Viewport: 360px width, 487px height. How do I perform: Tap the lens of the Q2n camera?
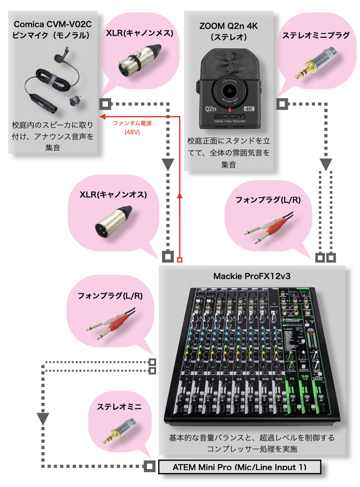[x=229, y=89]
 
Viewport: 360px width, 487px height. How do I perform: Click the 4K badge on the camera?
[x=249, y=109]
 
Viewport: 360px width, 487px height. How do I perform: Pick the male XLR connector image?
[x=113, y=223]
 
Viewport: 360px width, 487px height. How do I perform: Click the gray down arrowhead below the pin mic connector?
[x=168, y=165]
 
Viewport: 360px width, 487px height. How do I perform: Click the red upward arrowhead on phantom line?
[x=180, y=194]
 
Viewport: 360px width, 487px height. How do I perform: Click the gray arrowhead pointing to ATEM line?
[x=43, y=419]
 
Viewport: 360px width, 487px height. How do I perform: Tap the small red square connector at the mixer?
[x=180, y=259]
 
